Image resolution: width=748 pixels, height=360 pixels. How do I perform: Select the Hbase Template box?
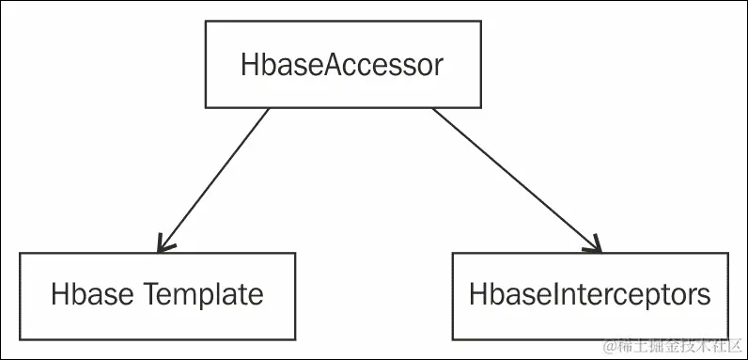157,295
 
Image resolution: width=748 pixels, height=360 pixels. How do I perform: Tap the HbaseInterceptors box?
590,295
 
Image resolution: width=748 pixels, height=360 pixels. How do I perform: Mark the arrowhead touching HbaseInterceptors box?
596,246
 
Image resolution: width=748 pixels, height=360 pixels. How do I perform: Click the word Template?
204,295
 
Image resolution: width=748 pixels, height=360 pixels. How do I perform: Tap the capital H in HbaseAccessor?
250,67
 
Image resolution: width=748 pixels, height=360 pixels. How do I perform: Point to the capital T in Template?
150,294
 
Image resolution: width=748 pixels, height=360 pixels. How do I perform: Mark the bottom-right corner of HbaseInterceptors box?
729,339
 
